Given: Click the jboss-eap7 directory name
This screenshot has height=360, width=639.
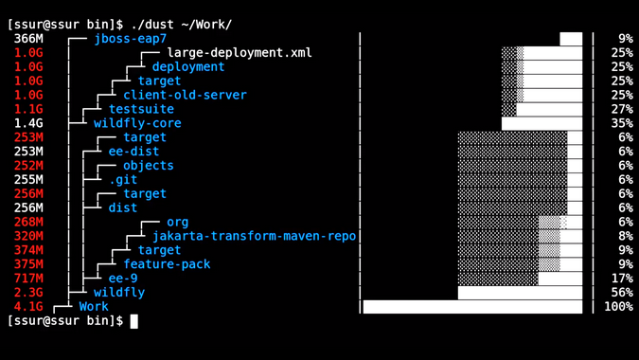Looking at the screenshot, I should point(130,39).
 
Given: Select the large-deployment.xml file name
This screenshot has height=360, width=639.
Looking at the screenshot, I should point(239,53).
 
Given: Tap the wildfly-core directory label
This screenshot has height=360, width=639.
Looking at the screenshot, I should point(137,123).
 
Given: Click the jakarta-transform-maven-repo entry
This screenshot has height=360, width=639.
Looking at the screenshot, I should point(254,236).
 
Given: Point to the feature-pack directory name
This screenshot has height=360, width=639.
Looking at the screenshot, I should point(167,264).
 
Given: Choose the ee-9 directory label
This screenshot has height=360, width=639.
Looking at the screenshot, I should point(123,279).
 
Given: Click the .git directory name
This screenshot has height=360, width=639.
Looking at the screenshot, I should point(123,179).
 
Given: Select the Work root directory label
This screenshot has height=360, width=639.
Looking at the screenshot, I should point(94,307).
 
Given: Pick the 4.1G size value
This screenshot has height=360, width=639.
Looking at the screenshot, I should point(28,307).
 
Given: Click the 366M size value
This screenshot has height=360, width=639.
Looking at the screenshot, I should point(28,39).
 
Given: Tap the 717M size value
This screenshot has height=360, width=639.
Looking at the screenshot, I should point(28,279).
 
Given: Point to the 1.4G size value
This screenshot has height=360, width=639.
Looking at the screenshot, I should point(28,123).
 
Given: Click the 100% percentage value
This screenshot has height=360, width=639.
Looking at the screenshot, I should point(618,307).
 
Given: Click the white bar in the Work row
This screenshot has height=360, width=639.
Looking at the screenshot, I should point(472,307).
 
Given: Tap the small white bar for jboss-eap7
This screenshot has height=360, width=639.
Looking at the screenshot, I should point(571,39).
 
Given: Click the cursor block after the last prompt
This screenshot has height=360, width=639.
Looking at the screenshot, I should point(134,321).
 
